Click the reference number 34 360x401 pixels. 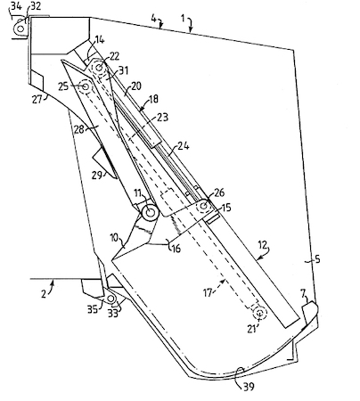(16, 6)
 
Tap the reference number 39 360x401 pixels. (249, 387)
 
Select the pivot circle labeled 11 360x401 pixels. (150, 212)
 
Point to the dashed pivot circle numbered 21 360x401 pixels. (260, 312)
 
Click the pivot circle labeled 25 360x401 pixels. (86, 86)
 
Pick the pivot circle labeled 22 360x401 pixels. (99, 67)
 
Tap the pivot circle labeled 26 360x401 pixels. (203, 206)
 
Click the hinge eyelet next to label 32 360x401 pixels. (20, 29)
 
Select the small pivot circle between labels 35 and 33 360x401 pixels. (110, 299)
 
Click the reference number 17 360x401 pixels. (209, 293)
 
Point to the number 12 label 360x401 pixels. (264, 245)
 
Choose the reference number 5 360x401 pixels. (317, 259)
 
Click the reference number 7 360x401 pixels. (303, 294)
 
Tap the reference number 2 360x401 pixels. (44, 294)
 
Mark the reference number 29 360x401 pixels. (96, 175)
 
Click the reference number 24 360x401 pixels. (184, 146)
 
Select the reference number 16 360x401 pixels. (176, 248)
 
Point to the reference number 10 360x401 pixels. (115, 238)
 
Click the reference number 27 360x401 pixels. (37, 99)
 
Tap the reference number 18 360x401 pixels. (153, 99)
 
